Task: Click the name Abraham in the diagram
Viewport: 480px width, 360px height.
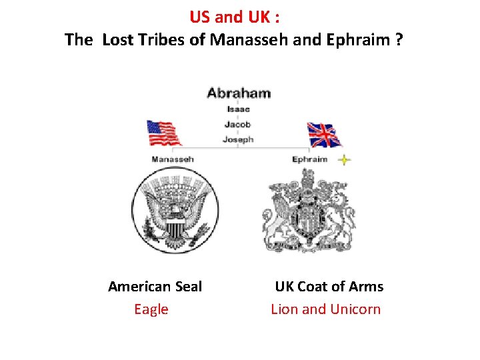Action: [239, 93]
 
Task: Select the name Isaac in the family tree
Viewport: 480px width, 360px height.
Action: [238, 109]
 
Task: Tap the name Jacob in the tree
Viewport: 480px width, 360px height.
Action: [238, 124]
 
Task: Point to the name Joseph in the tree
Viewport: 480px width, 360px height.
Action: [238, 139]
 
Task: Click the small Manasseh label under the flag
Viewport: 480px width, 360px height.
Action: [173, 159]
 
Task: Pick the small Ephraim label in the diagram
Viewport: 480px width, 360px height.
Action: [310, 159]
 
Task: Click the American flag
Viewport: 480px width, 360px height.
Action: [163, 133]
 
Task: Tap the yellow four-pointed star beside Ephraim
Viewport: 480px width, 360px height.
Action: [343, 160]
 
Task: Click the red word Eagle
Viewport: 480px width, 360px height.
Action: [151, 309]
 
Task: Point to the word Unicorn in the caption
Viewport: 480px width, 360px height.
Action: [355, 309]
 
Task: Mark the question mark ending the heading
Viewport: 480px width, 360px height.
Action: [399, 40]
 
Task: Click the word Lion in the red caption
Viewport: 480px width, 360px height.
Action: [285, 309]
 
